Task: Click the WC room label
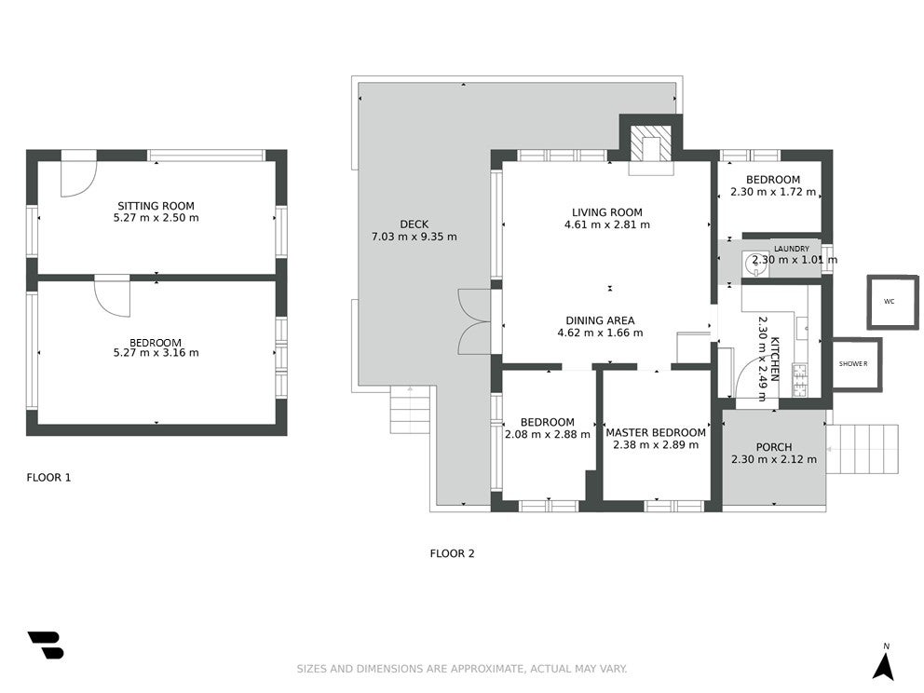tap(890, 302)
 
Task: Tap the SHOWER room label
tap(853, 364)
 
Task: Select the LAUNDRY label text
tap(792, 249)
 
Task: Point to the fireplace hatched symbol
tap(651, 143)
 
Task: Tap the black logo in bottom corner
tap(46, 645)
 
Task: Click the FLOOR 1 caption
tap(49, 477)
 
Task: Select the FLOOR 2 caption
tap(452, 553)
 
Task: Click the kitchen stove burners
tap(800, 380)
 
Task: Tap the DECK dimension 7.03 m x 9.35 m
tap(414, 237)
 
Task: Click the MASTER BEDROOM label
tap(656, 432)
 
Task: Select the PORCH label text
tap(774, 447)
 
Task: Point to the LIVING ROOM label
tap(607, 212)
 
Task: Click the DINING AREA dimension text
tap(601, 333)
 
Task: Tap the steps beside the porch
tap(863, 449)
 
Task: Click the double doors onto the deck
tap(474, 321)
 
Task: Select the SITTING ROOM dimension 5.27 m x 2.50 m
tap(156, 217)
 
